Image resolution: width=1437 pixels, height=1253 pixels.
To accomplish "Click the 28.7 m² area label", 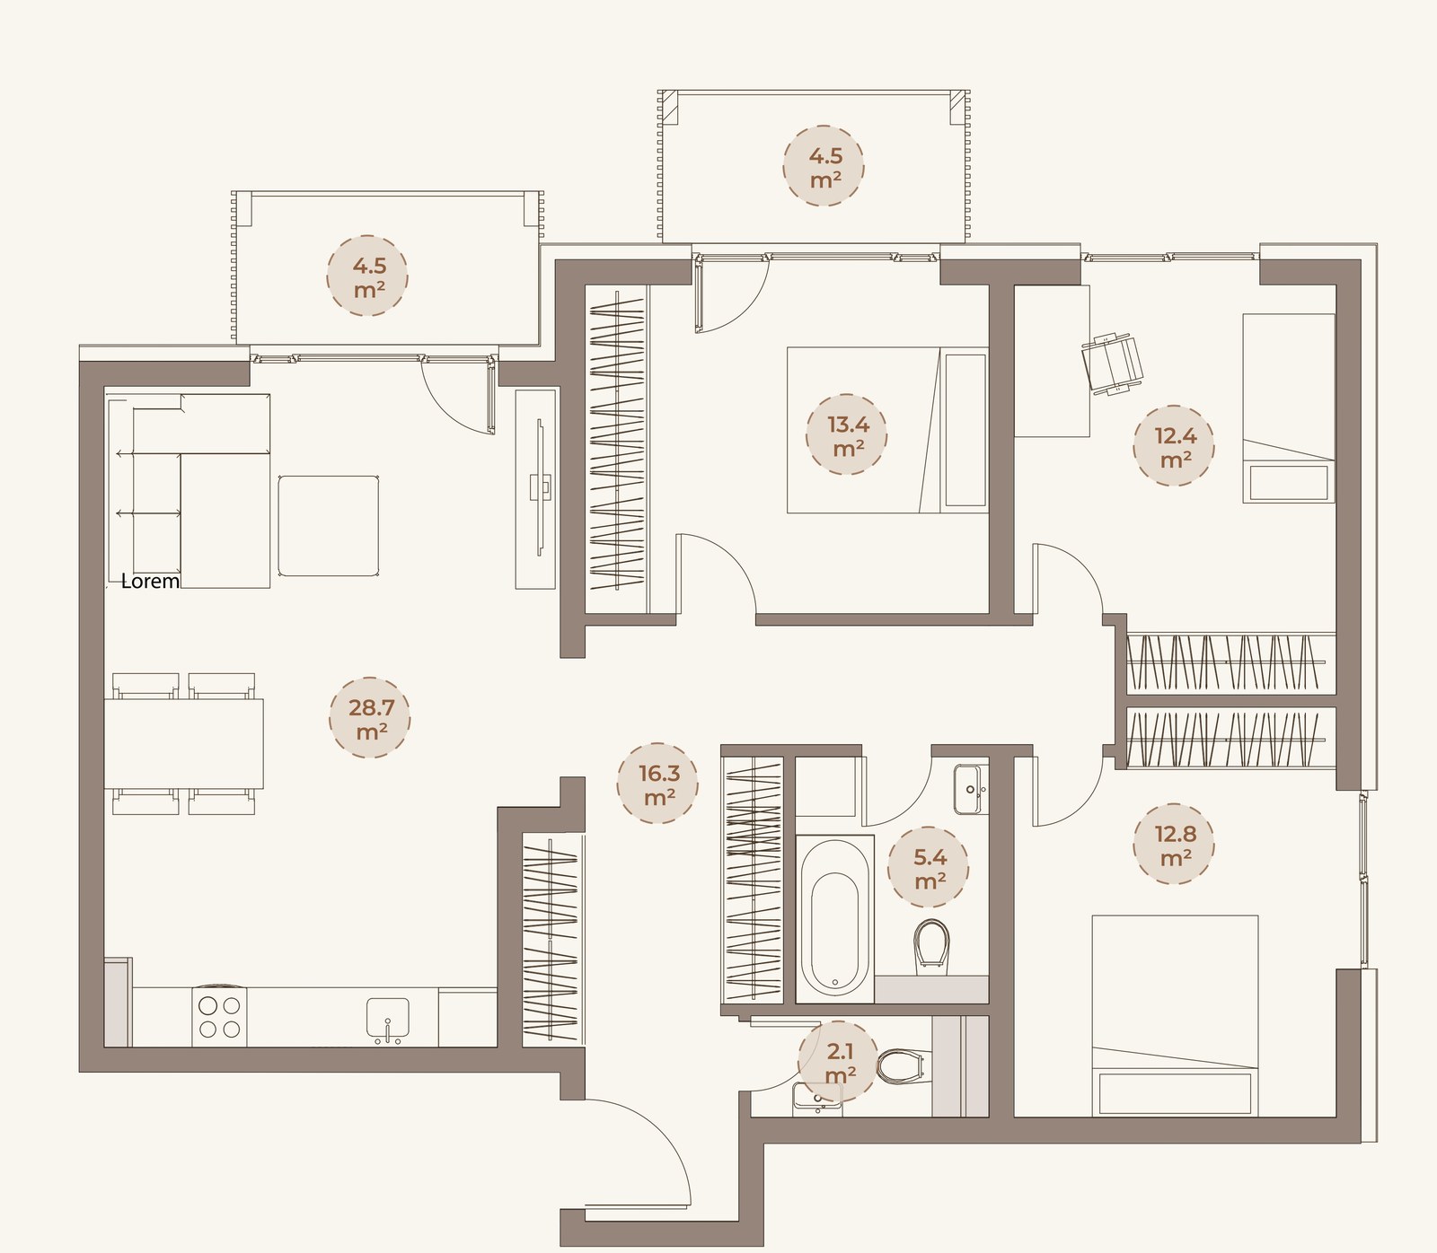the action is [x=370, y=720].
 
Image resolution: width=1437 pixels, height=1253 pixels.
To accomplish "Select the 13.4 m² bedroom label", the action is [x=848, y=435].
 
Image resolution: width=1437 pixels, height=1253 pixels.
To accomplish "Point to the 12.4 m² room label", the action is [x=1175, y=447].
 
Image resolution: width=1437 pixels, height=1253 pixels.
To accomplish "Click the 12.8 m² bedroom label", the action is [x=1175, y=846].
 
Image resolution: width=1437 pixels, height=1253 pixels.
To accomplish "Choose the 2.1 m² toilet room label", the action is [x=840, y=1062].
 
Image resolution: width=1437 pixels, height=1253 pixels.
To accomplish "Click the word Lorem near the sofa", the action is [x=150, y=581].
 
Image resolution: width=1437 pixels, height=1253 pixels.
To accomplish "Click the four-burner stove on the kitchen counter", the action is [x=220, y=1018].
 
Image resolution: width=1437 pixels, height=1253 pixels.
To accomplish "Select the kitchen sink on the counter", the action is [x=388, y=1020].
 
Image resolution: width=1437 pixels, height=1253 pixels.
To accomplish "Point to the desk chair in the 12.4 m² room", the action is [x=1114, y=362].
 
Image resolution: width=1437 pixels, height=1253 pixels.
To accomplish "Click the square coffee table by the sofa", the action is [x=328, y=526].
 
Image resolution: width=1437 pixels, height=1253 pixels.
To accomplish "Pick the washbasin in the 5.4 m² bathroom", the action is [x=969, y=789].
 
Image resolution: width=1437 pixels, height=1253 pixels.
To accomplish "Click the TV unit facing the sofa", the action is [x=538, y=488].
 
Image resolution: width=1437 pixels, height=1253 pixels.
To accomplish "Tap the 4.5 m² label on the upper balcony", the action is [x=824, y=167].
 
